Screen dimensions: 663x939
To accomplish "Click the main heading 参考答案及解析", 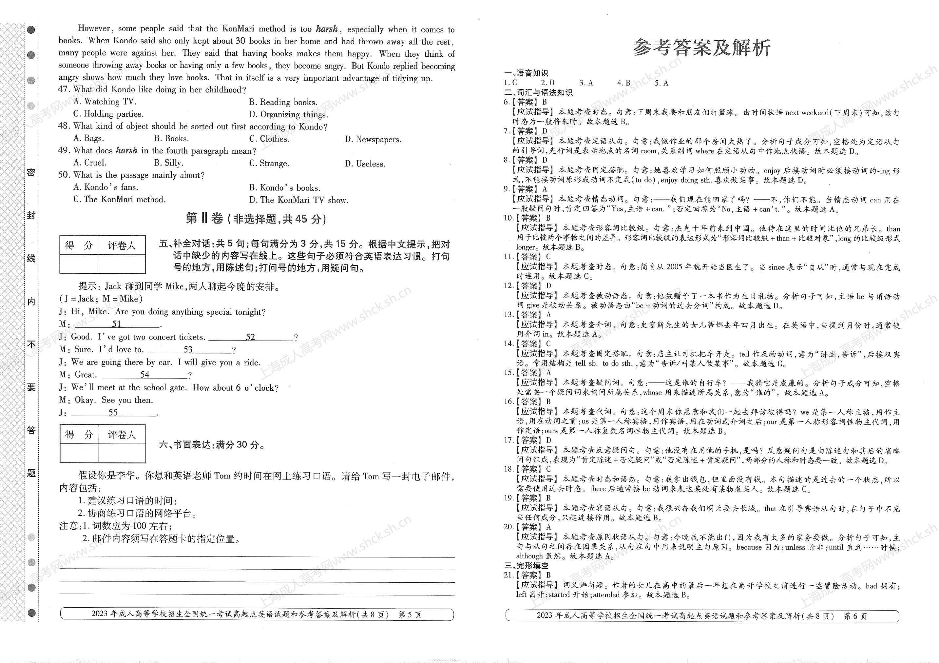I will point(701,48).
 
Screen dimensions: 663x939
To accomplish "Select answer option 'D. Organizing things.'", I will point(288,114).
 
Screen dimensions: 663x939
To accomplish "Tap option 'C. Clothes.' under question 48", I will point(269,139).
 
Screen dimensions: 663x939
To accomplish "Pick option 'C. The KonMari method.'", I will point(119,200).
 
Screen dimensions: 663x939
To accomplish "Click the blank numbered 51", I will point(117,324).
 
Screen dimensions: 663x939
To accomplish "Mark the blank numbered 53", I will point(188,350).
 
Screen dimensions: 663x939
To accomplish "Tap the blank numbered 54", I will point(145,375).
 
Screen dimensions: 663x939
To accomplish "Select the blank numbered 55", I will point(113,413).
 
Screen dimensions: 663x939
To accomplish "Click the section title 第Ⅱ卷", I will point(204,219).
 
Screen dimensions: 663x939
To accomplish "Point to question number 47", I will point(64,89).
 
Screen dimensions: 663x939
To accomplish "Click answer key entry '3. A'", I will point(586,83).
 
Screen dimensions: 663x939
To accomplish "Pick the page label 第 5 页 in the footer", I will point(410,615).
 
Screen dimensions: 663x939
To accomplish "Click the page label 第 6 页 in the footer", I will point(855,616).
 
